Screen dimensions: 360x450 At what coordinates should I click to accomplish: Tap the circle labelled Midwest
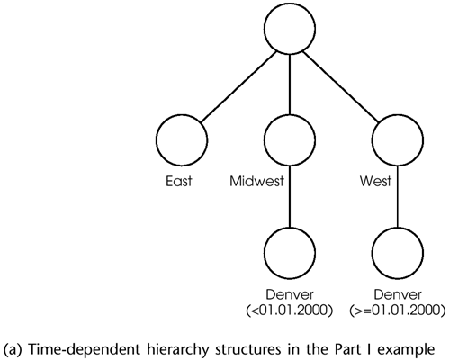pyautogui.click(x=292, y=140)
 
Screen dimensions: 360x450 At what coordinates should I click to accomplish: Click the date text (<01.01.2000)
pyautogui.click(x=291, y=310)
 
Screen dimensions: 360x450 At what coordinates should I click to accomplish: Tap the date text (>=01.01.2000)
pyautogui.click(x=398, y=310)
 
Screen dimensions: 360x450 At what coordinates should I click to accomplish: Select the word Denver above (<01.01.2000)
pyautogui.click(x=291, y=295)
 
